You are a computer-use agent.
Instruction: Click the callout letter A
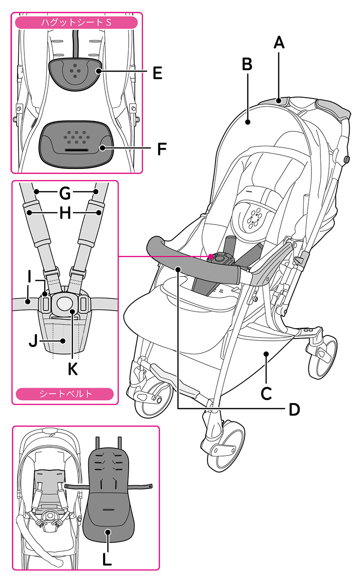[x=279, y=42]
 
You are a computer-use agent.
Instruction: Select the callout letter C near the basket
[x=266, y=393]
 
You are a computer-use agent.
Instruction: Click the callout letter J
[x=33, y=340]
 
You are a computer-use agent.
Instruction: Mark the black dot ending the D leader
[x=179, y=269]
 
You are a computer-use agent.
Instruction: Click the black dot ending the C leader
[x=266, y=354]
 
